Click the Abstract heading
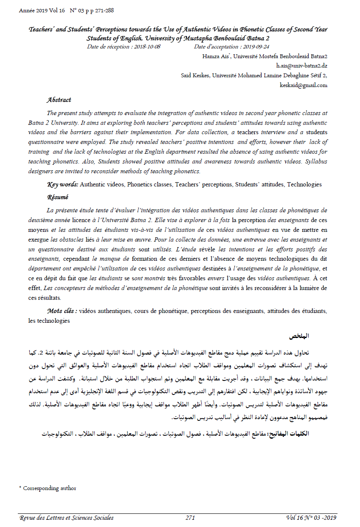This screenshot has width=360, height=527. [x=59, y=100]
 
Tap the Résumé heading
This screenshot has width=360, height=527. [x=58, y=197]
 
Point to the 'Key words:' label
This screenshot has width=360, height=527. [x=62, y=185]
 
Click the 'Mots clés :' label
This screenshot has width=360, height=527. [x=62, y=311]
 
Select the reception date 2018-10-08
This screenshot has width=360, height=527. [x=147, y=47]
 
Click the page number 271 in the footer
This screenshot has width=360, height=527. [x=190, y=518]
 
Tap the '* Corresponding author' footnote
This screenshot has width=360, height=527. [x=48, y=488]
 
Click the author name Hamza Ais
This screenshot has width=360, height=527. [x=212, y=56]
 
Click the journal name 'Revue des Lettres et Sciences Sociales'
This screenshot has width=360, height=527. [x=67, y=518]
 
